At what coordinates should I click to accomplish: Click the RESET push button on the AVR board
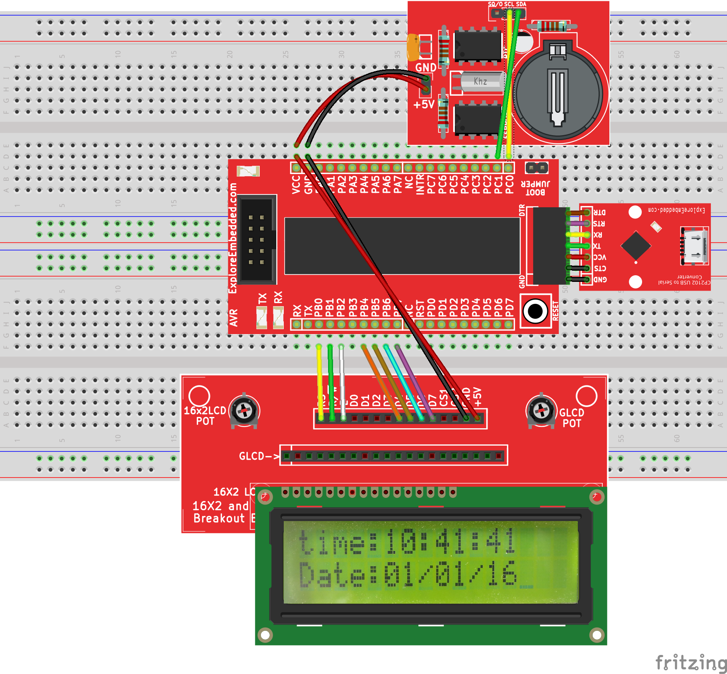(535, 311)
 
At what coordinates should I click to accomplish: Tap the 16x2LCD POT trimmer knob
(244, 410)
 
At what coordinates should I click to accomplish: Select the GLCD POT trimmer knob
(541, 411)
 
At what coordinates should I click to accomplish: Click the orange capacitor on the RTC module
(413, 48)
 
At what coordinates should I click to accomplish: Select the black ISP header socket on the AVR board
(257, 239)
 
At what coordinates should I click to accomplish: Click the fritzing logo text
(691, 662)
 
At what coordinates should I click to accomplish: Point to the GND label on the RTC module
(425, 68)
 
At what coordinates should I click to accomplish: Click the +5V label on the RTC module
(424, 104)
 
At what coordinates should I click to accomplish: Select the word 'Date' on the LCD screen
(332, 575)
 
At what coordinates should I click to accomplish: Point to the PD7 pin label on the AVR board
(510, 308)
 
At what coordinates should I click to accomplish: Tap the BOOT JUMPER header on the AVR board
(536, 168)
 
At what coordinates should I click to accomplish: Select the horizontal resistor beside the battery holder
(551, 26)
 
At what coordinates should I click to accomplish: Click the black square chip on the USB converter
(635, 246)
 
